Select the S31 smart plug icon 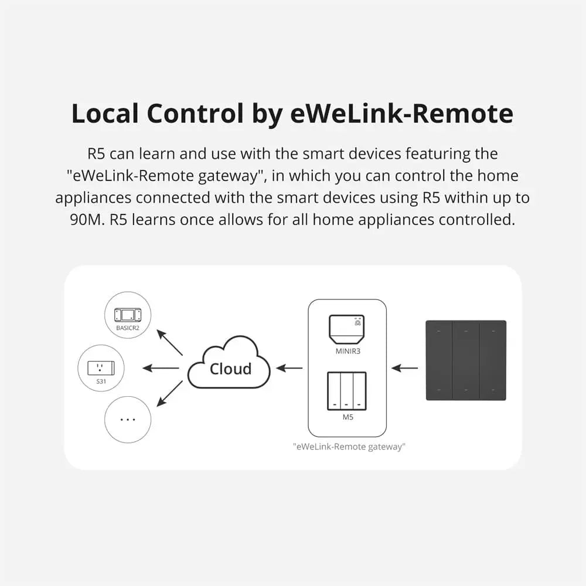pos(101,368)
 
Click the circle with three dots pos(127,420)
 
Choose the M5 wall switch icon pos(346,390)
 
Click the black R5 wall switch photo pos(466,360)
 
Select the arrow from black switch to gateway pos(405,368)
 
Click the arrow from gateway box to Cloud pos(289,368)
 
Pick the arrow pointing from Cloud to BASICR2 pos(170,343)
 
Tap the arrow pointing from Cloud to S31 pos(161,368)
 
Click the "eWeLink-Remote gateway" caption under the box pos(349,447)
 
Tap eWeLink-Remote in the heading pos(401,113)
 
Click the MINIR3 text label pos(346,352)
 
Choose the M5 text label pos(346,417)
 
